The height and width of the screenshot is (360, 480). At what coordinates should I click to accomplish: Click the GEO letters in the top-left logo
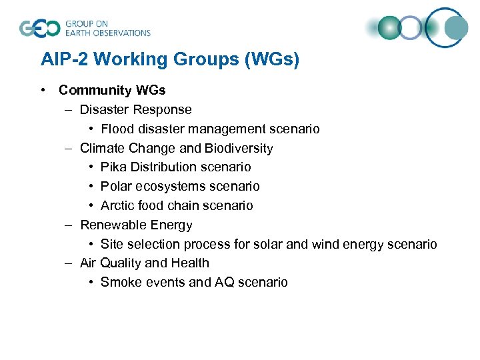click(40, 28)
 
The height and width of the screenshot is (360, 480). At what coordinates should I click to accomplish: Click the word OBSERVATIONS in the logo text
click(123, 33)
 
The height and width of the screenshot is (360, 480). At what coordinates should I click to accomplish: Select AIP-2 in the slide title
click(65, 60)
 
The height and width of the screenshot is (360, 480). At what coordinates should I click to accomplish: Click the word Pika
click(114, 167)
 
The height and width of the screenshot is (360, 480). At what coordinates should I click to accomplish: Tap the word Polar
click(117, 186)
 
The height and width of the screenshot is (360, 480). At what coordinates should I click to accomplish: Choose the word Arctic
click(118, 205)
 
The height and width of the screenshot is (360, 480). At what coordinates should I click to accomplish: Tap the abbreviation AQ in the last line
click(223, 282)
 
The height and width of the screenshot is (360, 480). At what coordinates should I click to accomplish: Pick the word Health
click(190, 263)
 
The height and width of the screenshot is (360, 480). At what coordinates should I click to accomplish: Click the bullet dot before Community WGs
click(43, 90)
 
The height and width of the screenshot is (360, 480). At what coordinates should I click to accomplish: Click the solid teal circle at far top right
click(457, 27)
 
